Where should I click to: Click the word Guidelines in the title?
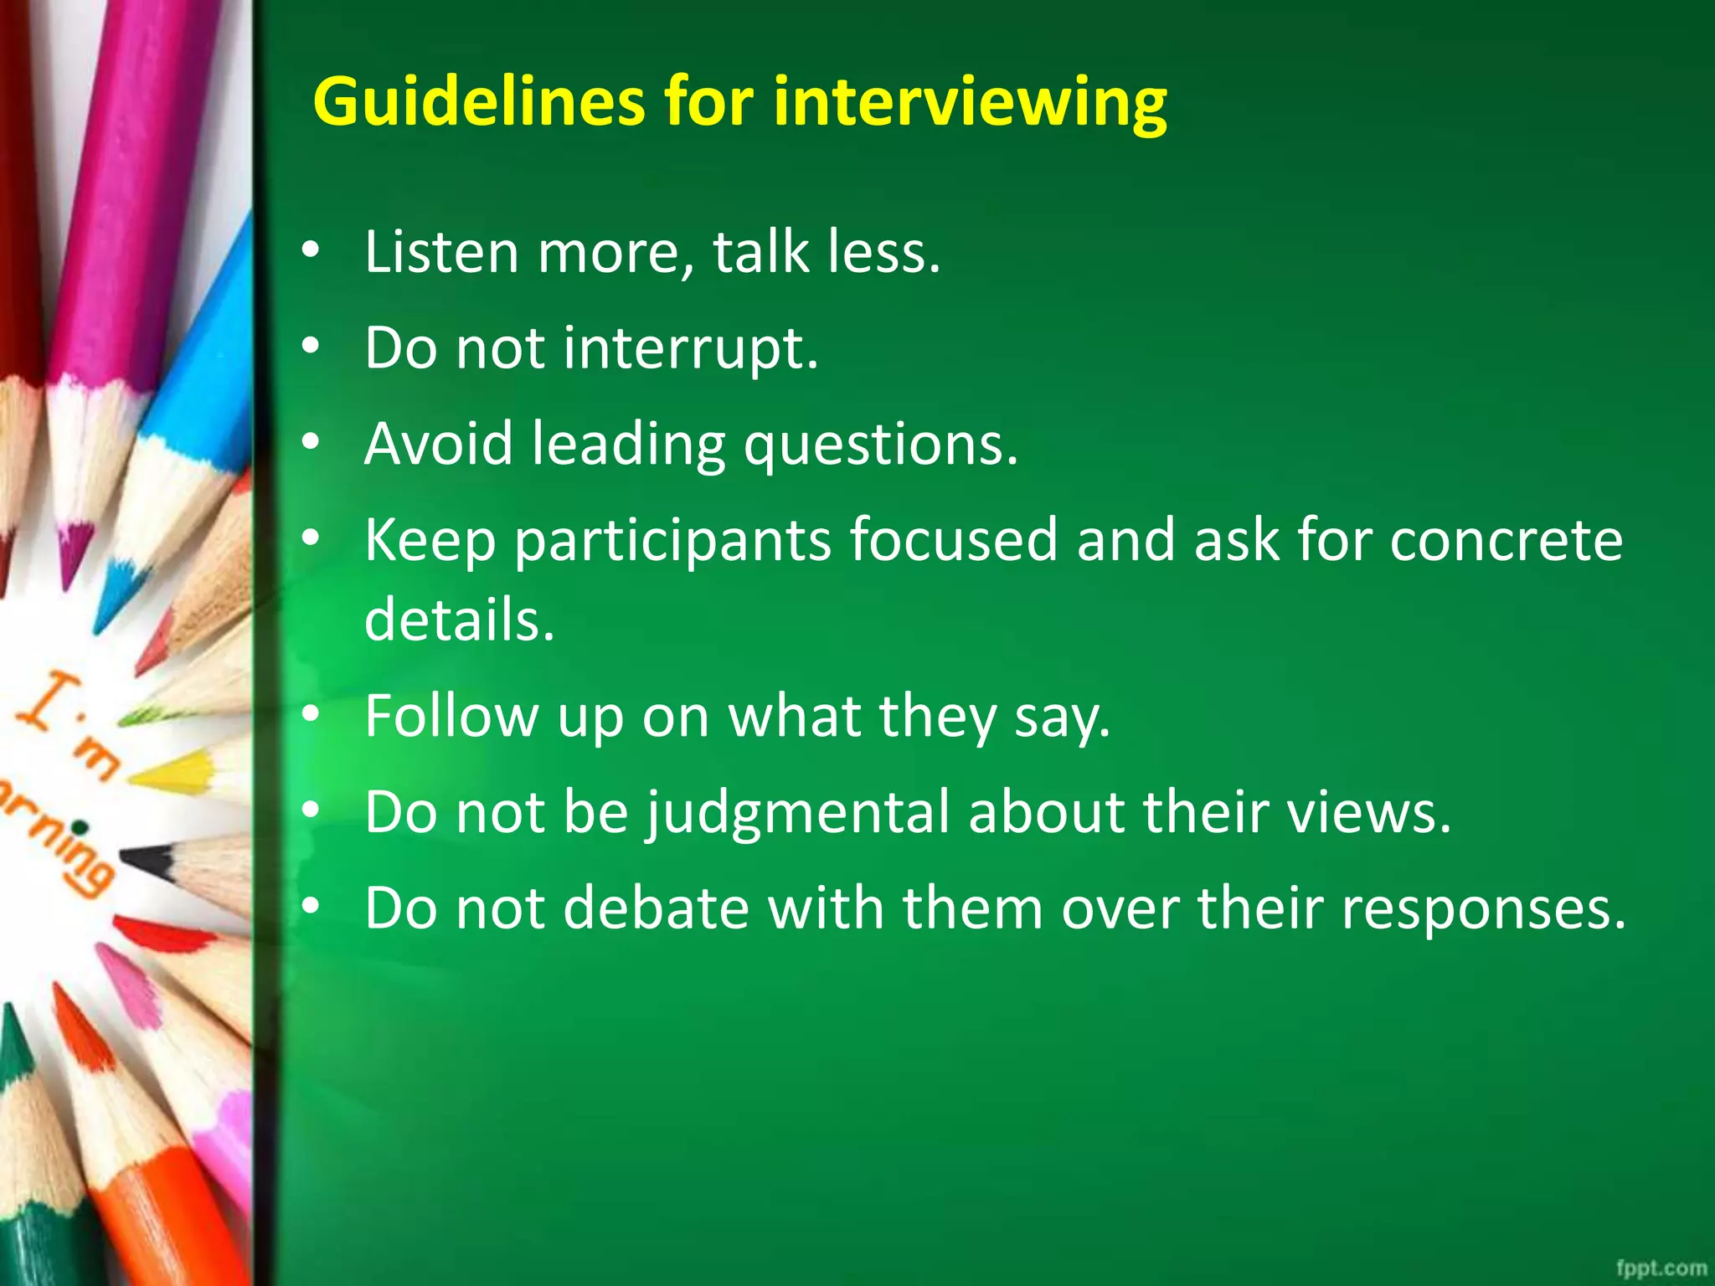point(478,102)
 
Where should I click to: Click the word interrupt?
point(690,347)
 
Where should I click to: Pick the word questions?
point(881,445)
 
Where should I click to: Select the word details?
point(460,620)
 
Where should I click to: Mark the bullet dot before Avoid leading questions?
point(312,442)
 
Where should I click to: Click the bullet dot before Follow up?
point(312,714)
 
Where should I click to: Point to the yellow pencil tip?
point(172,772)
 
